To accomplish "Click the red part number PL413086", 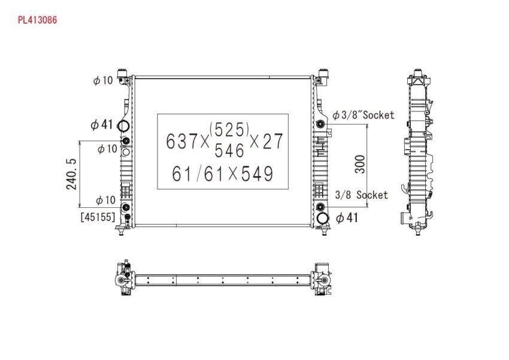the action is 37,20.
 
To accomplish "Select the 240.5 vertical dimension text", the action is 71,174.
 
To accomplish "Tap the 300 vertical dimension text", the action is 360,164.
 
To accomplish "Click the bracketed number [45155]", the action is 98,217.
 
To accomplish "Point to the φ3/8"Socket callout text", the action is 363,115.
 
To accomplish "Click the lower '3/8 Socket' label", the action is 361,195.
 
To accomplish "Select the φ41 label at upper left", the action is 102,125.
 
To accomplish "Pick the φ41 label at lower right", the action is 347,217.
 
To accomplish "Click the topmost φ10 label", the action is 103,80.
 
